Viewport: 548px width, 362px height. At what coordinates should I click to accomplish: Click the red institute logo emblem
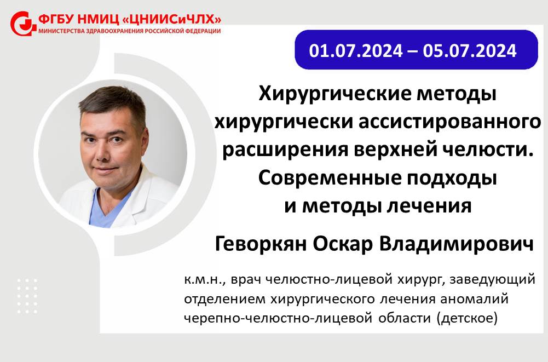tap(23, 24)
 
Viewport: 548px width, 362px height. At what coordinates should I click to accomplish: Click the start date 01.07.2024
tap(356, 51)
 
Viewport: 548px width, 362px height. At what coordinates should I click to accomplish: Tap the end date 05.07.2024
tap(469, 51)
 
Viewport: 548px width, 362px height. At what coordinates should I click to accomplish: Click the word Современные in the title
tap(329, 177)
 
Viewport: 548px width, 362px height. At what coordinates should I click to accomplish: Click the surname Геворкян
tap(261, 244)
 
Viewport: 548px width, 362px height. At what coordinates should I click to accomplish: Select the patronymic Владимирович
tap(457, 244)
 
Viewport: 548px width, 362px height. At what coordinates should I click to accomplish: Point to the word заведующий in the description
tap(492, 280)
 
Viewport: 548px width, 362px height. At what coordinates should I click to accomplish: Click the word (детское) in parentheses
tap(466, 318)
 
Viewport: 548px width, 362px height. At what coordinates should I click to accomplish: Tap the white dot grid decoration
tap(27, 296)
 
